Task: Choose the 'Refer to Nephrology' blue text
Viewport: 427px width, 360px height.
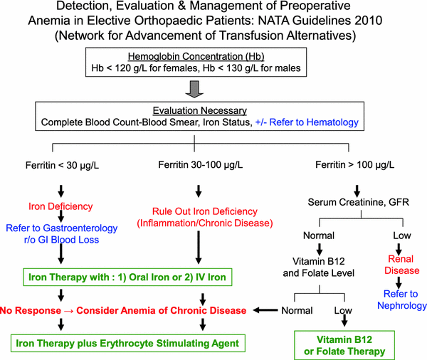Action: point(400,300)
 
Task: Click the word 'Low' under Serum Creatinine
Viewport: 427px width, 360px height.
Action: point(402,235)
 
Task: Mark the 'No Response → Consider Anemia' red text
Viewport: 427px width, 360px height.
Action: point(124,309)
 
